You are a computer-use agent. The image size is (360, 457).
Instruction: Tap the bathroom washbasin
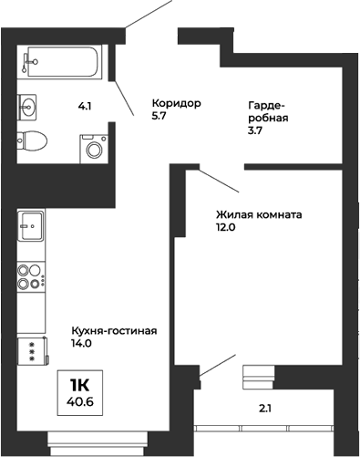coord(28,104)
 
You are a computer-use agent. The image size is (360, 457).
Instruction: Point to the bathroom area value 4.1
coord(85,107)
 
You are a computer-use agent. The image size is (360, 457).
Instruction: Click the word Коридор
coord(175,104)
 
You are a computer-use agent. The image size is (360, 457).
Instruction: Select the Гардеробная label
coord(268,112)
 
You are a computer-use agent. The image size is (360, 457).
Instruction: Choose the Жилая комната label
coord(259,215)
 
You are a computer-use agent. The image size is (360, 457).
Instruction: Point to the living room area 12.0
coord(226,228)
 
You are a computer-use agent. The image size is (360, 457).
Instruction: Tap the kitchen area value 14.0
coord(82,344)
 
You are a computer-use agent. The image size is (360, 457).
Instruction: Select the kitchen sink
coord(30,224)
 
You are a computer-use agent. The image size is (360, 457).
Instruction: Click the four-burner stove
coord(30,275)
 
